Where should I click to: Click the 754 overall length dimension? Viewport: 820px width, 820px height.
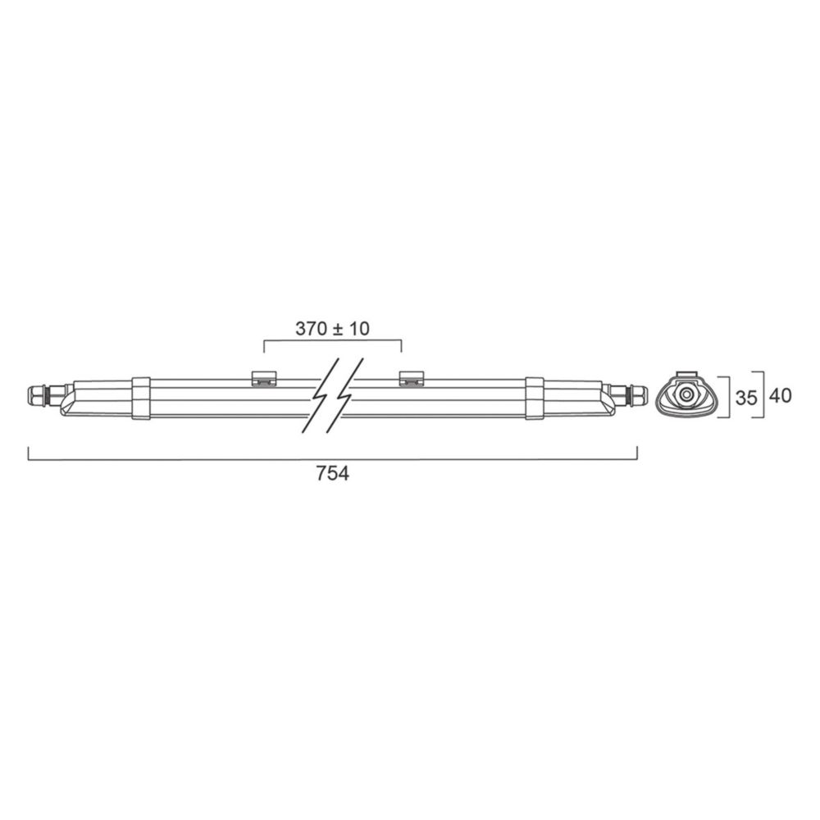coord(333,473)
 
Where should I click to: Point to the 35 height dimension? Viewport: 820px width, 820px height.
coord(746,398)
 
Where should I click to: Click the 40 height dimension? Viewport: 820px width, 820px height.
coord(781,396)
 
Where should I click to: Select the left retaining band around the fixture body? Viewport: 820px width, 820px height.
coord(141,398)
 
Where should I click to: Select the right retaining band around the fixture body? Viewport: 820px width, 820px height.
coord(535,398)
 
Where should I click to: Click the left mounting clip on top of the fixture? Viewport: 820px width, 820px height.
coord(265,379)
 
